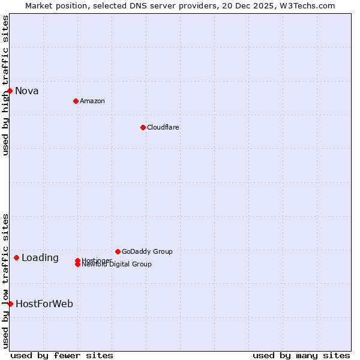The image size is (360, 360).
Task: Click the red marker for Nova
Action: tap(10, 91)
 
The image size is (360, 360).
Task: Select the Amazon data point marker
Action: tap(76, 101)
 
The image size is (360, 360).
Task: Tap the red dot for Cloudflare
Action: tap(143, 127)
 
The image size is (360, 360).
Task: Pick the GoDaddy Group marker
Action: tap(118, 251)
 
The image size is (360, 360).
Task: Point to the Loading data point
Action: tap(16, 257)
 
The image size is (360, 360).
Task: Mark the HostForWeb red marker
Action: tap(10, 304)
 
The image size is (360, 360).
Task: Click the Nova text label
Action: tap(27, 91)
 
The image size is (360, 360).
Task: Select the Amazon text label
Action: tap(92, 101)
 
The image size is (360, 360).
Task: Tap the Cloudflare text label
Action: tap(163, 127)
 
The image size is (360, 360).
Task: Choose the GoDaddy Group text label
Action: tap(147, 251)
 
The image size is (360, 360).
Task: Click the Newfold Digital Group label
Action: tap(117, 265)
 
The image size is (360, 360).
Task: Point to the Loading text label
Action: tap(40, 258)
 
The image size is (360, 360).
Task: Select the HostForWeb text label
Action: tap(44, 304)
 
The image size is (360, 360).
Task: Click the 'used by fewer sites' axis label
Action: tap(62, 355)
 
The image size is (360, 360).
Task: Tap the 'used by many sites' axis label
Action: tap(301, 355)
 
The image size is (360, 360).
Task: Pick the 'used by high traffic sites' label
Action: tap(5, 85)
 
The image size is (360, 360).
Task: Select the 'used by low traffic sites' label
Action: tap(5, 280)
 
